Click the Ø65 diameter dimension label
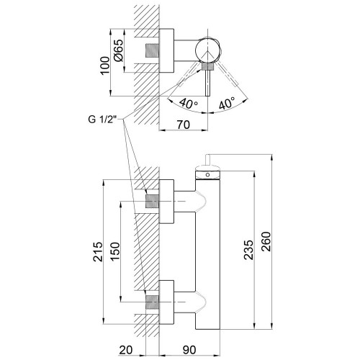click(x=119, y=50)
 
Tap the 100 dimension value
click(x=104, y=66)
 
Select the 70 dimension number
click(x=184, y=125)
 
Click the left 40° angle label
click(x=189, y=103)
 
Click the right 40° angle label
click(x=227, y=103)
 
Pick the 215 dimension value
click(x=98, y=252)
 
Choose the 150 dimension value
click(x=114, y=252)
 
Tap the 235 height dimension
click(x=248, y=250)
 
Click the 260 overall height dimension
click(x=266, y=241)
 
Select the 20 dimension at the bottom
click(x=126, y=350)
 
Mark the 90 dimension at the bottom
click(x=189, y=350)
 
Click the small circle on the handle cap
click(x=208, y=175)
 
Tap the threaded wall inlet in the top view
click(x=153, y=50)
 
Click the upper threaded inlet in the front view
click(x=153, y=201)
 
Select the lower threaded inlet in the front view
click(x=153, y=302)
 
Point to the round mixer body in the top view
click(x=207, y=50)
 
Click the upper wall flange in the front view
click(x=166, y=202)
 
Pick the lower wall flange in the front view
click(x=166, y=302)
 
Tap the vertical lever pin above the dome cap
click(x=208, y=160)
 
